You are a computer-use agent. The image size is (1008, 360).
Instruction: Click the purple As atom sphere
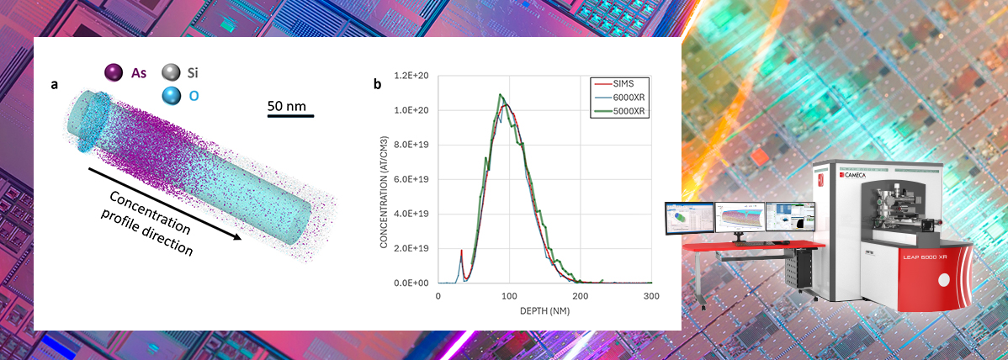click(x=114, y=73)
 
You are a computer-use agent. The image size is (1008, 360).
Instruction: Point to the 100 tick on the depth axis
click(x=508, y=297)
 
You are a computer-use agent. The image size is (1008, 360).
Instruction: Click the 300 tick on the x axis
click(x=650, y=297)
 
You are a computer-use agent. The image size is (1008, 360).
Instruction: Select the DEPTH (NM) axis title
click(x=544, y=311)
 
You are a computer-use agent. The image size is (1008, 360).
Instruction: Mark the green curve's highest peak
click(x=501, y=94)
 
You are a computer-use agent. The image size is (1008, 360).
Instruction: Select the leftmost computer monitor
click(x=688, y=217)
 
